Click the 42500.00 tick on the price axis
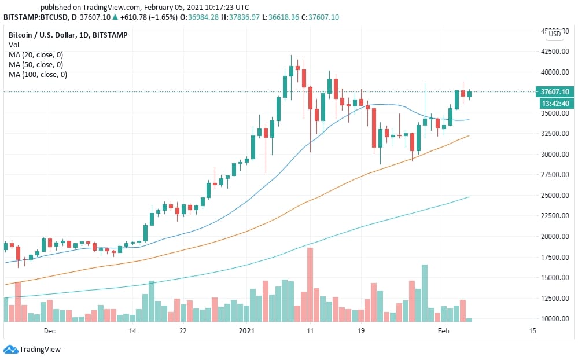553,52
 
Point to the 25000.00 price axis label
553,196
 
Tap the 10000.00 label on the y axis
553,319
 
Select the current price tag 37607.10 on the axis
554,92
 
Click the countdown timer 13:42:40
554,103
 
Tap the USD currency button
554,34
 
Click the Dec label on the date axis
49,331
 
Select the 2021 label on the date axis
246,331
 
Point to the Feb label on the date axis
443,331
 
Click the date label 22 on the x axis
183,331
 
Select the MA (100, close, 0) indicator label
38,75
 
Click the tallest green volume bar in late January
425,293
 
